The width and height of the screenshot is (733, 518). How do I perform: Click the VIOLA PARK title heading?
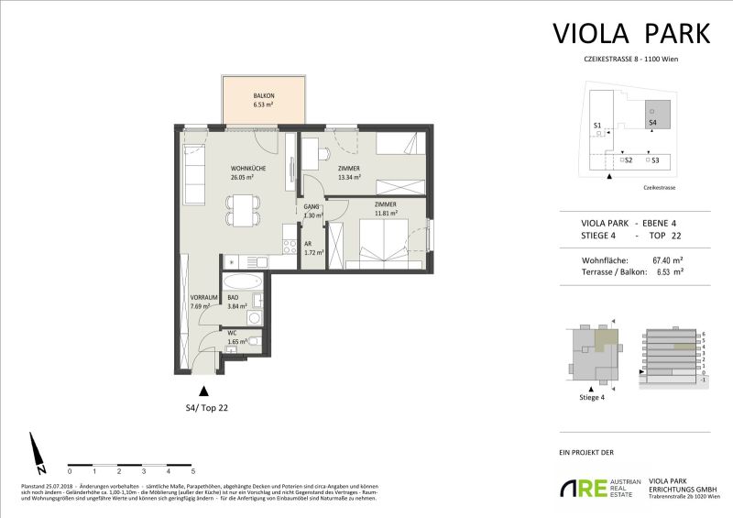coord(631,34)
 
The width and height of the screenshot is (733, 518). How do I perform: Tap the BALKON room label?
coord(265,96)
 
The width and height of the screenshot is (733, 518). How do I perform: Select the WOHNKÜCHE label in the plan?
coord(248,169)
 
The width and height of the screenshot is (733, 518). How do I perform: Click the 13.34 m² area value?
coord(349,178)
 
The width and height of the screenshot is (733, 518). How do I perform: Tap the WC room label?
coord(233,332)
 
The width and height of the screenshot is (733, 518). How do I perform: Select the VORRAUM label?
coord(202,298)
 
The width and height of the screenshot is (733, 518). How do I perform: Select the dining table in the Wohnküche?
coord(242,212)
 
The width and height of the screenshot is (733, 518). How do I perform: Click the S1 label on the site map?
coord(596,126)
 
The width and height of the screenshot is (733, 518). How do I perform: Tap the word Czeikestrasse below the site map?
coord(656,186)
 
